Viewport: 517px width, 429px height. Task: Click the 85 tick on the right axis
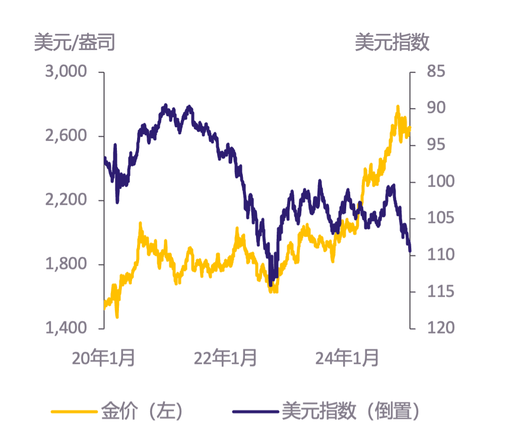[436, 72]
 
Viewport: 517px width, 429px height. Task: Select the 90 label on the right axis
[436, 108]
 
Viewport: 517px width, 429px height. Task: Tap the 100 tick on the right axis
[440, 181]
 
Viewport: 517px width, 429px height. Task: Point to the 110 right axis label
[440, 254]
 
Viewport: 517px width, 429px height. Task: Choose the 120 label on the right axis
[440, 328]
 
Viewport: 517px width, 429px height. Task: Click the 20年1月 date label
[103, 358]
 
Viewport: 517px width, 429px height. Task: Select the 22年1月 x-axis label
[225, 358]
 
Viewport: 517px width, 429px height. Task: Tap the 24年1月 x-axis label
[347, 358]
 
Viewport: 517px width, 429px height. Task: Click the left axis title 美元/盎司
[75, 43]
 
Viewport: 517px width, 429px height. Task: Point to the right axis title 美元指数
[392, 43]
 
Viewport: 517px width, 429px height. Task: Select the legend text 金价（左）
[142, 411]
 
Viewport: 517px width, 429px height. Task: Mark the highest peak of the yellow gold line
[398, 107]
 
